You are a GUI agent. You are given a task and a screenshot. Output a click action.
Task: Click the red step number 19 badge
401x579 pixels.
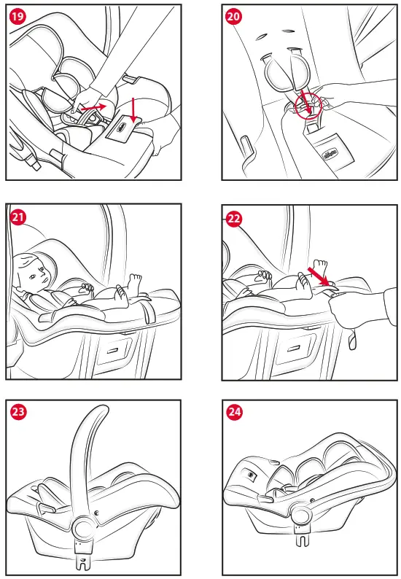17,17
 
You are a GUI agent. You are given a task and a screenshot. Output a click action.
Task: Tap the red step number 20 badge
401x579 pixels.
233,17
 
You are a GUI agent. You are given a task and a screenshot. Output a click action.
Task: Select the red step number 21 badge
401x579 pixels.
17,217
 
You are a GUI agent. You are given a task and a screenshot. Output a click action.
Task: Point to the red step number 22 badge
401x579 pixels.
234,219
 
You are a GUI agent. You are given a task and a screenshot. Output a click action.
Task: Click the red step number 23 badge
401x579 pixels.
17,411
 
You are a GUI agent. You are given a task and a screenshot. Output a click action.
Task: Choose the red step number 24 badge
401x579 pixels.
234,412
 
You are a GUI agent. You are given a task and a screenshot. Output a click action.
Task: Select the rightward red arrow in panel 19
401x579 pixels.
93,107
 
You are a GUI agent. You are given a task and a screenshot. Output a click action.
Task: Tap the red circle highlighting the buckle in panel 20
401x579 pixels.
308,106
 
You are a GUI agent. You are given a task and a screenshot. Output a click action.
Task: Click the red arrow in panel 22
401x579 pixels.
318,277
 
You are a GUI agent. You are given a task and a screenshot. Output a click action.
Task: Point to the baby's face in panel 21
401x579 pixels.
34,272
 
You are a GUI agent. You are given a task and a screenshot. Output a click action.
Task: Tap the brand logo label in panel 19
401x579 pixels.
120,128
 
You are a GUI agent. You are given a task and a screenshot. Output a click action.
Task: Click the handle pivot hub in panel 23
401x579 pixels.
82,529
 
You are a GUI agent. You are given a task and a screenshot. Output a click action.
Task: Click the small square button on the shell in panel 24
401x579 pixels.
250,475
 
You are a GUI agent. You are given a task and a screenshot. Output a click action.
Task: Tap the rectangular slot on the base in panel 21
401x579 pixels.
112,350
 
